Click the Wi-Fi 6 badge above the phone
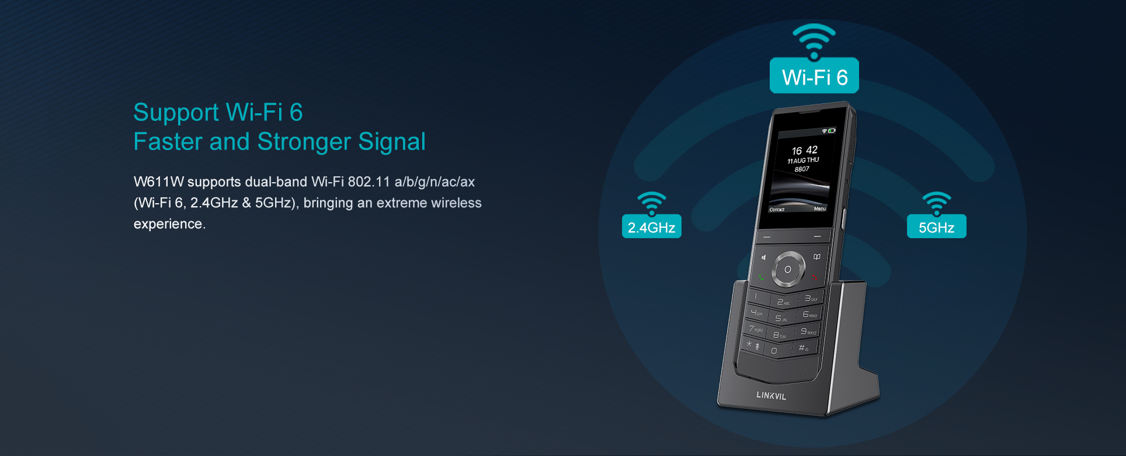(814, 75)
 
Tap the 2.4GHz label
(651, 227)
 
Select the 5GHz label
(936, 227)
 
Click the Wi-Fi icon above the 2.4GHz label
(652, 203)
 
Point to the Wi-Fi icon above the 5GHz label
(937, 203)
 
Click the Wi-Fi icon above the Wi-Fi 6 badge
(814, 41)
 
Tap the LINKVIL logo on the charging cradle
(771, 395)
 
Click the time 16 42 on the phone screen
(805, 151)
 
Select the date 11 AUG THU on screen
(803, 161)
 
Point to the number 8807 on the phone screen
(802, 169)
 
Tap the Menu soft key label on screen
(820, 208)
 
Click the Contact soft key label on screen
(777, 210)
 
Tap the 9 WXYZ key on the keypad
(808, 332)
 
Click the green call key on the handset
(761, 277)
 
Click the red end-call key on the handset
(815, 277)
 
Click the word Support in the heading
(176, 113)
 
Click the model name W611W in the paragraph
(159, 182)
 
